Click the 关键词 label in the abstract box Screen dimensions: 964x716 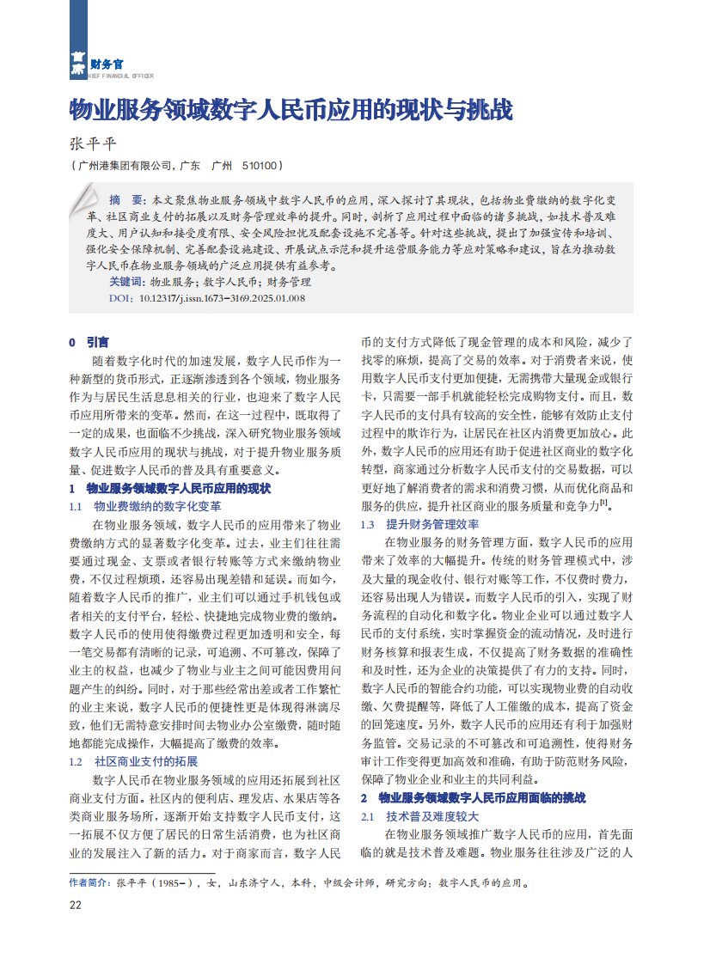126,282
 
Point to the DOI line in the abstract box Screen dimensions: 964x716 207,298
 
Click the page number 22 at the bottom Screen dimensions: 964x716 76,905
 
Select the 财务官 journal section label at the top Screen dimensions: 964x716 106,64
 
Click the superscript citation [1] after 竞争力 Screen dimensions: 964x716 605,503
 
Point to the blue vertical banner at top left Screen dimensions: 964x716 78,39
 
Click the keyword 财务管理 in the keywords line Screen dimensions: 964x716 288,282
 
